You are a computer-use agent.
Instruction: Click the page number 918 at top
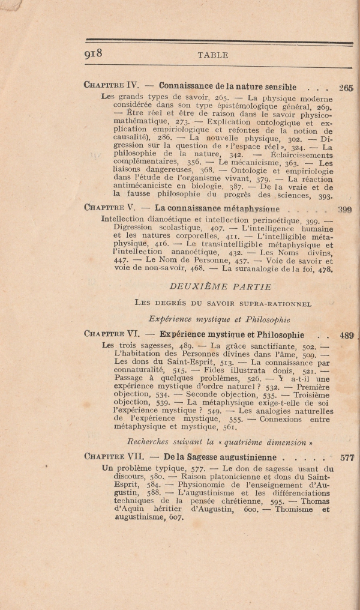click(x=94, y=53)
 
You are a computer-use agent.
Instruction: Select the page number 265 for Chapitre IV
click(x=346, y=88)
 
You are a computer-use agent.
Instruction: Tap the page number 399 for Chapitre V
click(x=344, y=210)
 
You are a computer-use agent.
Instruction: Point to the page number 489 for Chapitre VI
click(x=347, y=335)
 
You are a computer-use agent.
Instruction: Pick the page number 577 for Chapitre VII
click(x=347, y=457)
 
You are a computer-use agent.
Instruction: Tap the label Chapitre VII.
click(x=115, y=456)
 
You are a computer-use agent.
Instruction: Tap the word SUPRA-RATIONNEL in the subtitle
click(x=277, y=304)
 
